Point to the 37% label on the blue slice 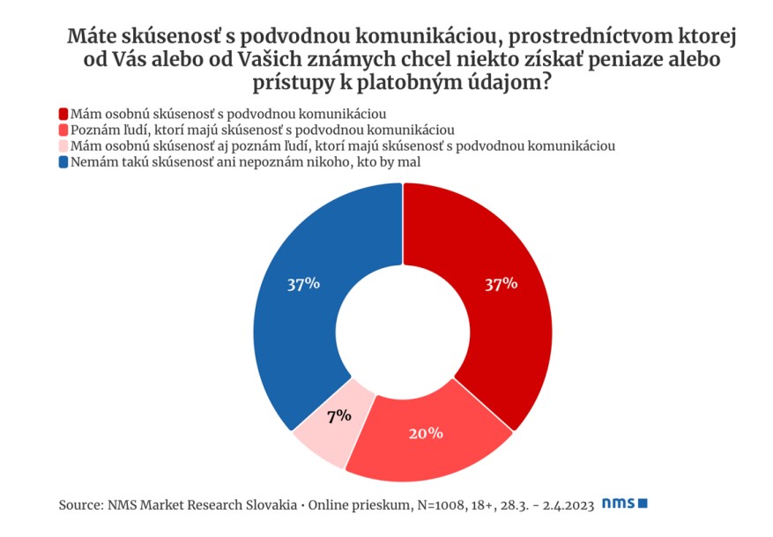[x=304, y=284]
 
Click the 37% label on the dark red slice [x=502, y=284]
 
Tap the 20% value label [x=426, y=434]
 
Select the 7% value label [x=339, y=417]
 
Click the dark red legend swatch [x=63, y=114]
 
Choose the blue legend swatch [x=63, y=161]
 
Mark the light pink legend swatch [x=63, y=146]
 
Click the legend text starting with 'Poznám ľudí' [x=263, y=131]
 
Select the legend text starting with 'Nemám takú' [x=246, y=162]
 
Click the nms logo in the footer [x=625, y=503]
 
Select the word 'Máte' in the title [x=93, y=36]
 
